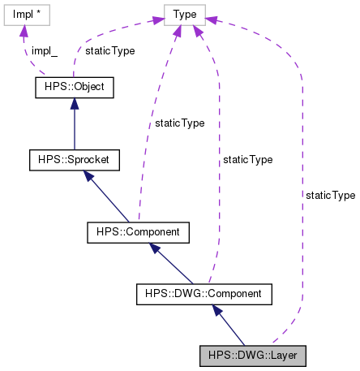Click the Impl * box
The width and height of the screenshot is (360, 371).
point(27,14)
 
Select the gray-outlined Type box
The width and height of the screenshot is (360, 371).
point(184,14)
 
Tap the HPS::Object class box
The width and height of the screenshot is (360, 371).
point(70,86)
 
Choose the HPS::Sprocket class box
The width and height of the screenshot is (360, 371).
point(74,159)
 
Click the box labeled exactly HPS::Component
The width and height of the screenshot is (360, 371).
point(138,233)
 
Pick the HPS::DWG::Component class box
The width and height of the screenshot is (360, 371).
point(204,291)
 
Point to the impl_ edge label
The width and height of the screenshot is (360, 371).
point(44,49)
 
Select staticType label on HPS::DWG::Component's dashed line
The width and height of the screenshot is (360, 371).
point(246,160)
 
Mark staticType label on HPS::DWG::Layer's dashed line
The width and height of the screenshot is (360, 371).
point(329,196)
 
